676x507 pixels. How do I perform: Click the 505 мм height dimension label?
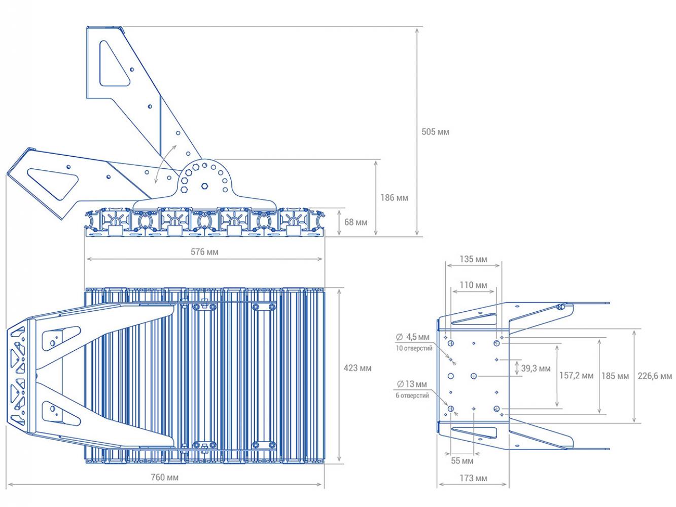click(x=435, y=132)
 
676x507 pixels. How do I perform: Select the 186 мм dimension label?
click(x=394, y=198)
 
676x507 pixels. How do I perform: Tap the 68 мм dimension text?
click(x=355, y=222)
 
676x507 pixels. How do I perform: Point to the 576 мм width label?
click(x=204, y=252)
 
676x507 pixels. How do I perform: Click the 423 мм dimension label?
click(x=357, y=368)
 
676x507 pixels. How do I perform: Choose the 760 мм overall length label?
click(x=164, y=477)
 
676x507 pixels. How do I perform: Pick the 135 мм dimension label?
click(x=473, y=259)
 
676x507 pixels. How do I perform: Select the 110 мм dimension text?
click(x=473, y=285)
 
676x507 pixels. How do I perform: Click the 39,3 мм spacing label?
click(x=536, y=368)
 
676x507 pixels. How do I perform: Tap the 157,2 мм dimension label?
click(x=576, y=375)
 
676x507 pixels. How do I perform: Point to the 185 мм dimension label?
click(x=615, y=376)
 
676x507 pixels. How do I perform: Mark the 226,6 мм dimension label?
click(x=655, y=376)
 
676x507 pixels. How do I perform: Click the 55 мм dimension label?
click(x=462, y=461)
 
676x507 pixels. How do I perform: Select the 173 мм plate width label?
click(x=473, y=478)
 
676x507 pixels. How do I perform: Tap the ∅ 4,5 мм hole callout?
click(x=412, y=337)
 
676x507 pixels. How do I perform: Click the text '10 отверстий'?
click(x=414, y=348)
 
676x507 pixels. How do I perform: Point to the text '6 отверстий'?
click(x=412, y=395)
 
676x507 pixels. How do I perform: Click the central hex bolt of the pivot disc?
click(x=204, y=186)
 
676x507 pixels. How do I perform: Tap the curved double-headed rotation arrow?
click(x=163, y=164)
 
